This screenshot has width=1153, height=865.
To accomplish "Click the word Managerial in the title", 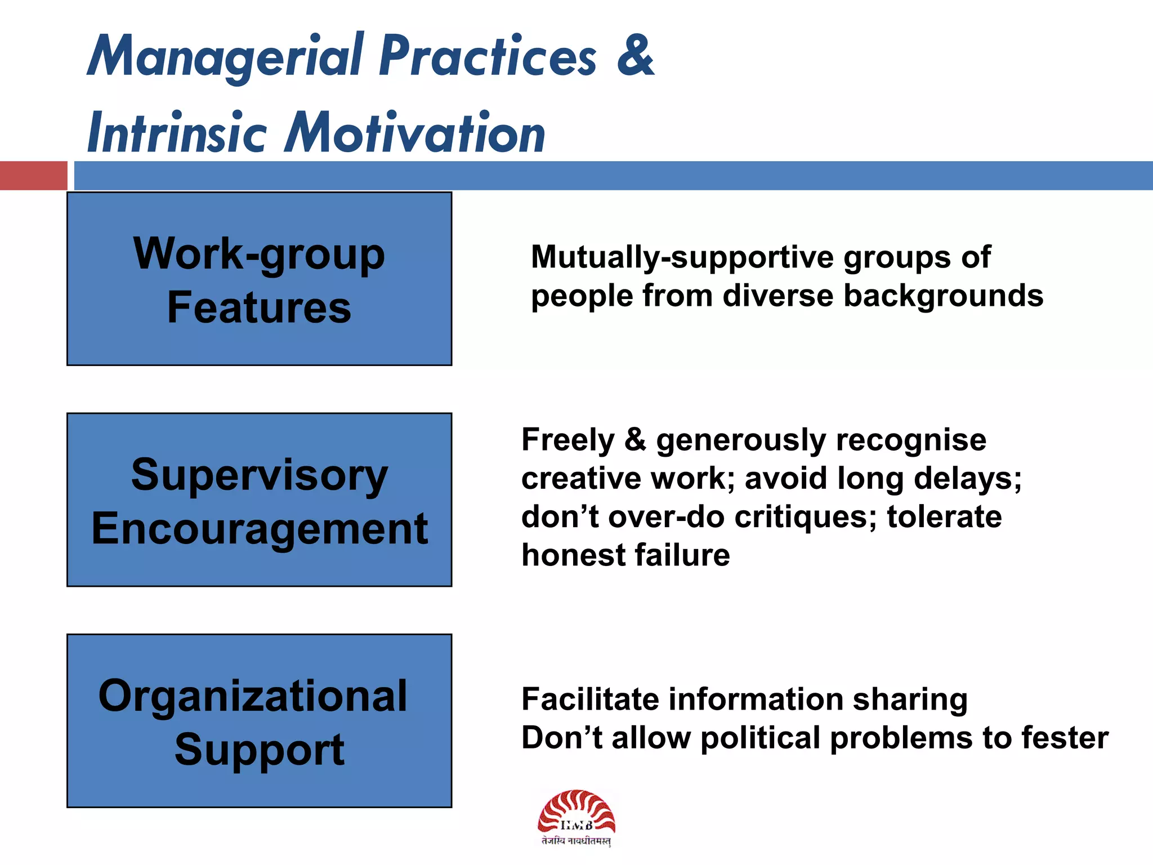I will click(225, 56).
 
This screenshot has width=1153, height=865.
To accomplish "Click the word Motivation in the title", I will click(415, 133).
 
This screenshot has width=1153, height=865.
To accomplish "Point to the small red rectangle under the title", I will click(33, 175).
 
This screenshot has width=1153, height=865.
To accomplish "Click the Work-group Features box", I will click(259, 279).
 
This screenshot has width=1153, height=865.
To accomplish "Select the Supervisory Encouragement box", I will click(259, 500).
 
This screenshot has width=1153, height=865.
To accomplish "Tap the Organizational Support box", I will click(259, 720).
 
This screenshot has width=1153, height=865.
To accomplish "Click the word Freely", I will click(567, 440).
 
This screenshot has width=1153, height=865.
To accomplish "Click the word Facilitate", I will click(590, 699).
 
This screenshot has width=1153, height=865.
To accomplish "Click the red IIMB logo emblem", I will click(576, 811).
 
